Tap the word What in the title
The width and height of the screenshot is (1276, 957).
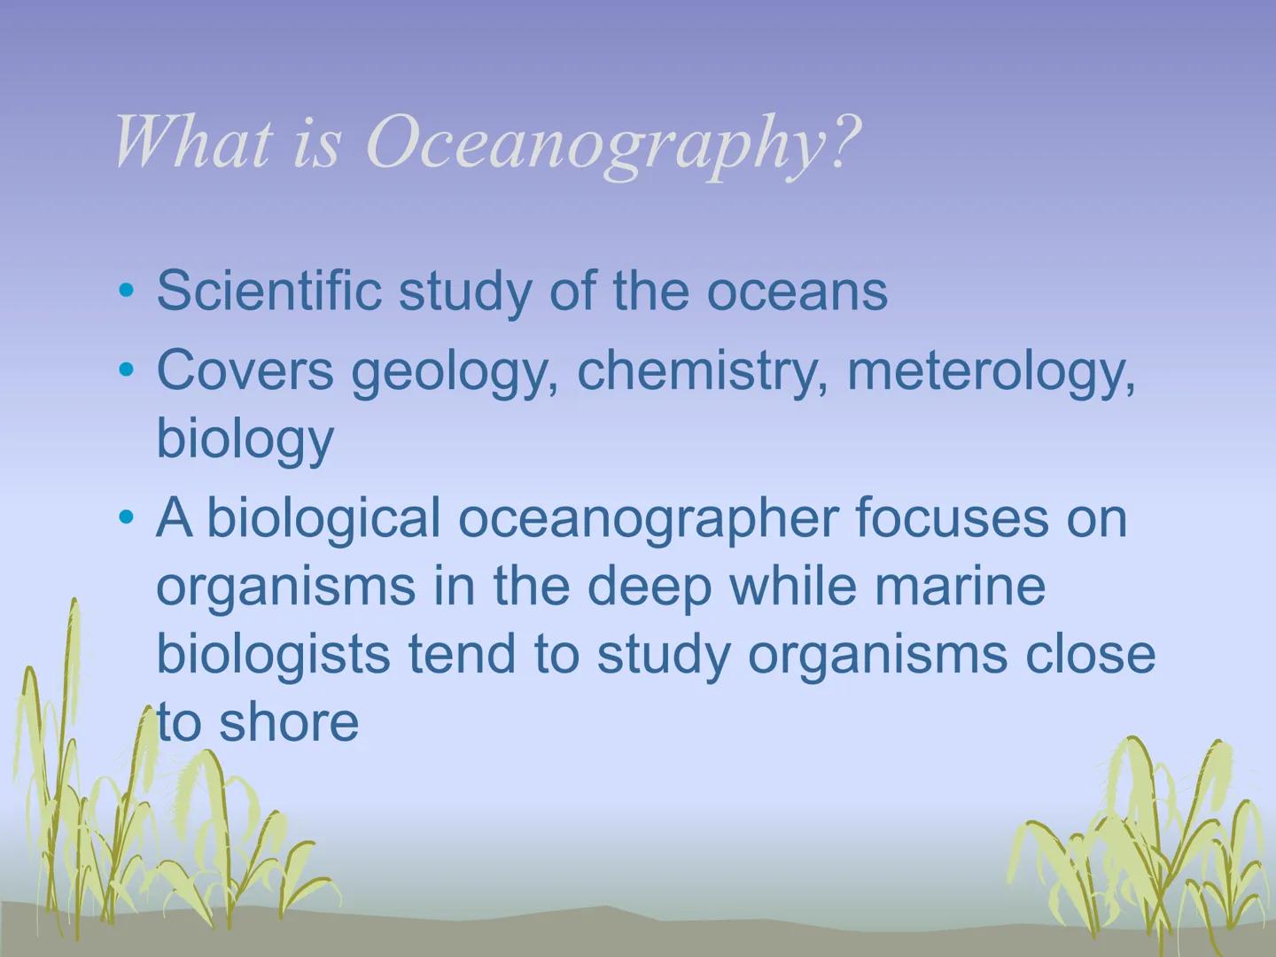pyautogui.click(x=191, y=142)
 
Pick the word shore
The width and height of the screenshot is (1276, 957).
pyautogui.click(x=288, y=722)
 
